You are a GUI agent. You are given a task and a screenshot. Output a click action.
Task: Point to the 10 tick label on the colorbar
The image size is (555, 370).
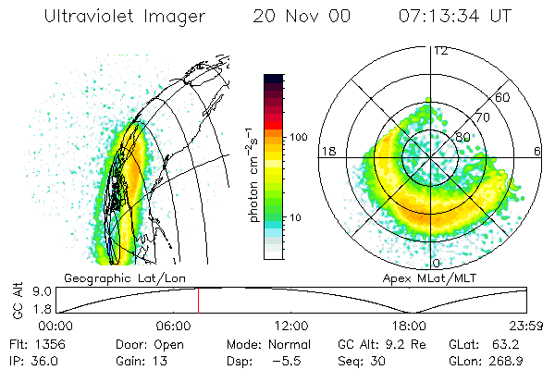[x=297, y=217]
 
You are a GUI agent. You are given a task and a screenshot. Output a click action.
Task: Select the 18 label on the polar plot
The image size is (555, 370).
[x=327, y=151]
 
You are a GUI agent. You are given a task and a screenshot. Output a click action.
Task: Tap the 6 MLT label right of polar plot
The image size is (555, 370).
[x=537, y=151]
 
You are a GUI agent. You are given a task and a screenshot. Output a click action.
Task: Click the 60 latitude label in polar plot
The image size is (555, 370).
[x=502, y=97]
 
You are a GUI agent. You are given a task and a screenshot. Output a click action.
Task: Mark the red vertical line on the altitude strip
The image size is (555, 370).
[x=197, y=300]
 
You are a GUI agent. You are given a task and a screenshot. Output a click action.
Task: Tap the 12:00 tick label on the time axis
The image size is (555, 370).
[x=292, y=326]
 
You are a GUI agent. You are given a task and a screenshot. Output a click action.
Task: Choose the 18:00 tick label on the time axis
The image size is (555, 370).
[x=410, y=326]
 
